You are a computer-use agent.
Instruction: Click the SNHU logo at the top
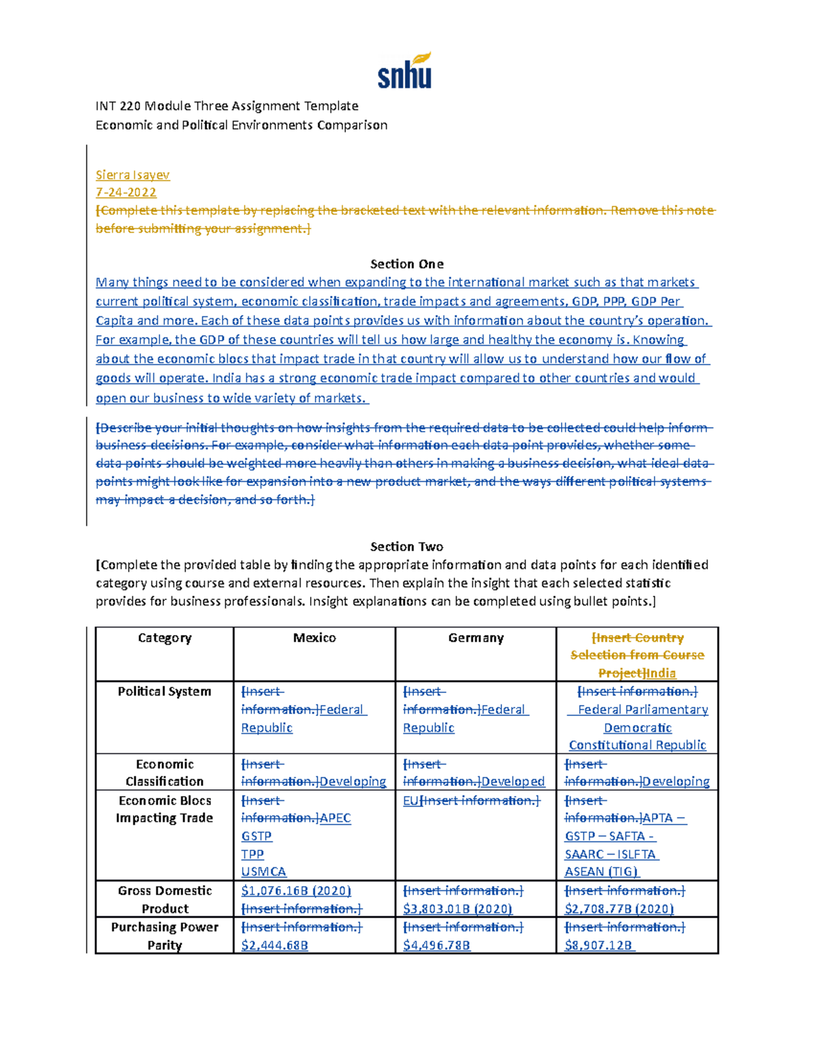405,71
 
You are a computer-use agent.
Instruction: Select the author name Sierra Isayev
132,175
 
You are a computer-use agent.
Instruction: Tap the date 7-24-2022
126,193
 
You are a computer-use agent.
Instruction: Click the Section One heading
406,264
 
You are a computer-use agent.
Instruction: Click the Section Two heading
406,546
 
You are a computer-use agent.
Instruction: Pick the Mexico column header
314,638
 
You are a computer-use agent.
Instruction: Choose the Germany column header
476,638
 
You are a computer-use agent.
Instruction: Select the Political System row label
164,692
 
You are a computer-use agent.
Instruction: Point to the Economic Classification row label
164,772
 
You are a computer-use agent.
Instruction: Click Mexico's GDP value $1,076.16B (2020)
296,890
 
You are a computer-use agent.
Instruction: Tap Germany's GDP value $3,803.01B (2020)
457,909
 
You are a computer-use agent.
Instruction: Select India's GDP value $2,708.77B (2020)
619,909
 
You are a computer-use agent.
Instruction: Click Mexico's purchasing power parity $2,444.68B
275,945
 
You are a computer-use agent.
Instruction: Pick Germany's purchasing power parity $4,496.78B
436,945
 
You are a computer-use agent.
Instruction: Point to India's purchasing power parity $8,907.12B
598,945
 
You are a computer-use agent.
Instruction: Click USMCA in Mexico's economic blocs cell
264,871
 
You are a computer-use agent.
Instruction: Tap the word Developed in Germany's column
513,782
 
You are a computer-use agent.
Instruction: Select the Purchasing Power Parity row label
164,936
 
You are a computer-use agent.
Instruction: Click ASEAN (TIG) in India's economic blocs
602,871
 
